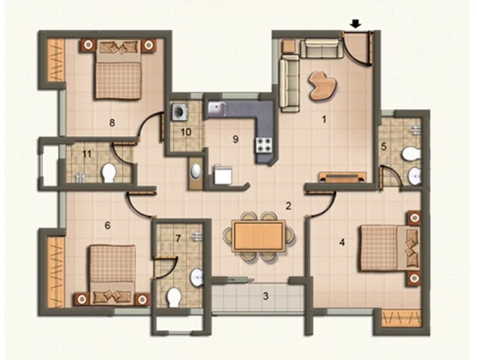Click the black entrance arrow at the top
pyautogui.click(x=355, y=24)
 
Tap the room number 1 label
pyautogui.click(x=324, y=119)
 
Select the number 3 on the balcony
pyautogui.click(x=265, y=295)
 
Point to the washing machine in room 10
pyautogui.click(x=180, y=112)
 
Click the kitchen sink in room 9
pyautogui.click(x=216, y=109)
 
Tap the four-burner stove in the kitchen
pyautogui.click(x=264, y=145)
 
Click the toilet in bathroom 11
pyautogui.click(x=109, y=172)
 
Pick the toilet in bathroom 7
pyautogui.click(x=174, y=297)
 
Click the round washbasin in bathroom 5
pyautogui.click(x=414, y=176)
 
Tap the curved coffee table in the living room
pyautogui.click(x=322, y=85)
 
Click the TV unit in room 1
pyautogui.click(x=342, y=177)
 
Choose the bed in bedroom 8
pyautogui.click(x=118, y=70)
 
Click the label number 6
pyautogui.click(x=107, y=226)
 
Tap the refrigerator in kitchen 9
pyautogui.click(x=223, y=175)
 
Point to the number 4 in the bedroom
pyautogui.click(x=342, y=242)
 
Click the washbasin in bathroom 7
pyautogui.click(x=196, y=277)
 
